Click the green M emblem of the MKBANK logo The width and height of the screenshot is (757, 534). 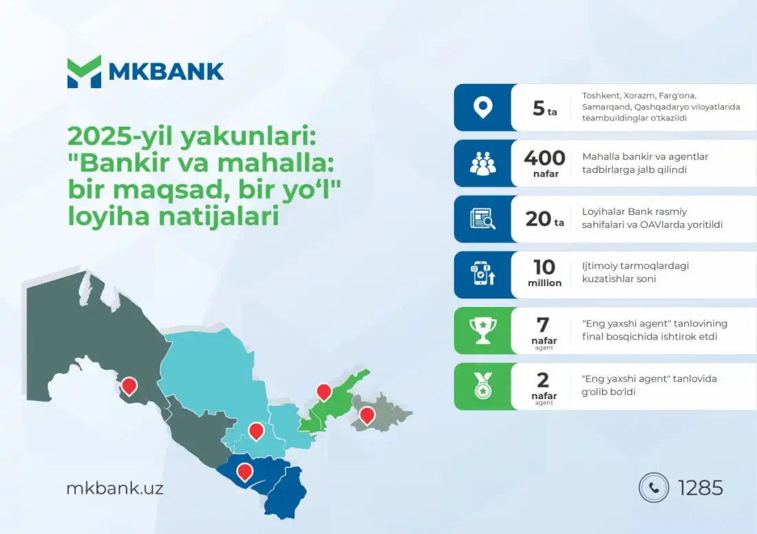(x=85, y=72)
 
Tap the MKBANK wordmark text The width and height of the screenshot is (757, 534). (x=166, y=72)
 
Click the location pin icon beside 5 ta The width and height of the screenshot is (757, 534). (x=483, y=107)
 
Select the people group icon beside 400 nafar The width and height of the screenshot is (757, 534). (x=483, y=163)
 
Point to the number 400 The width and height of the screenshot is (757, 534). (x=544, y=158)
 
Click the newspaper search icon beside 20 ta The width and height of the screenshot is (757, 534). (x=483, y=219)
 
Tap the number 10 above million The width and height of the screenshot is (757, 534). (x=544, y=267)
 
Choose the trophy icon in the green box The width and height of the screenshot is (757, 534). (x=483, y=331)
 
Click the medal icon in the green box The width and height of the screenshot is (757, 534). (x=483, y=386)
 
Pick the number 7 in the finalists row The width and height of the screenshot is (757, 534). (x=543, y=325)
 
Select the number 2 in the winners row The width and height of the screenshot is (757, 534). (x=543, y=381)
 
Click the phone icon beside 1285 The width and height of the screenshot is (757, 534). (x=654, y=488)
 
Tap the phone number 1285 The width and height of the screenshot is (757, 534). (x=701, y=488)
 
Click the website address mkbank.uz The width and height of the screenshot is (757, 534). (x=115, y=488)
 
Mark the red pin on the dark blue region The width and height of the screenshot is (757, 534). (x=245, y=472)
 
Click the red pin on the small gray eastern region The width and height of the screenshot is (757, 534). (x=367, y=416)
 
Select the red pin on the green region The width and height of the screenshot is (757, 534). (x=324, y=392)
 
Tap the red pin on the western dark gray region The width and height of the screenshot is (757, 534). (x=129, y=386)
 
